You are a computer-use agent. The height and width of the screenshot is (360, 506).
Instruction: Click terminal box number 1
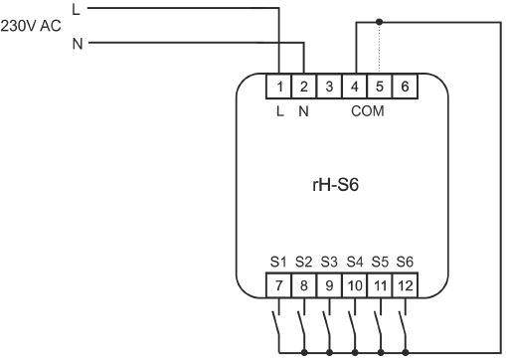278,87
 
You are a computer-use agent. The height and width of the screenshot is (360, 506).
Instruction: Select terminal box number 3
329,87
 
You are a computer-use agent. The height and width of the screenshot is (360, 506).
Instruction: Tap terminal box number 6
405,87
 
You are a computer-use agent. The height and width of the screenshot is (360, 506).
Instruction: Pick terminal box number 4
355,87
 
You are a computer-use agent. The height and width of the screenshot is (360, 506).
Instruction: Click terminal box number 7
278,285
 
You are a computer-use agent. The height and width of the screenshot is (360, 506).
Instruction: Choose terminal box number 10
355,285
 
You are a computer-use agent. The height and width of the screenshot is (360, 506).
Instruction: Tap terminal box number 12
405,285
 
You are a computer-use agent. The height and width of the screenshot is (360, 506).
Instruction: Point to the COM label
368,111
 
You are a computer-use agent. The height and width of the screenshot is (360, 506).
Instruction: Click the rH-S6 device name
335,185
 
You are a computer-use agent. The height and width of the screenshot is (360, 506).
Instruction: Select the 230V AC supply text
31,26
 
